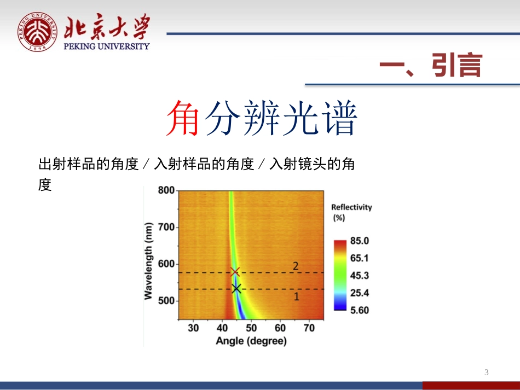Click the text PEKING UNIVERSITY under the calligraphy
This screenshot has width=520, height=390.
tap(107, 46)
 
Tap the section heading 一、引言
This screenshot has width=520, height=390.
tap(431, 66)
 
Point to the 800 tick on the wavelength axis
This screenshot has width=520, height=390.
tap(166, 190)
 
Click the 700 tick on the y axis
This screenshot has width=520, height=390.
tap(166, 227)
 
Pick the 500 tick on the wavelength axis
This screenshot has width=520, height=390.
tap(166, 301)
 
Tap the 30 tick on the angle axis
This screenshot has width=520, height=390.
tap(193, 328)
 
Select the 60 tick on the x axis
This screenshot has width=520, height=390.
tap(280, 328)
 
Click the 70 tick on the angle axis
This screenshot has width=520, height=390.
tap(309, 328)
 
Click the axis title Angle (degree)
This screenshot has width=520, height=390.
tap(251, 341)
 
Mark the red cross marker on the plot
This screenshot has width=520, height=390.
tap(235, 271)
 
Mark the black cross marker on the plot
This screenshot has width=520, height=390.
tap(236, 288)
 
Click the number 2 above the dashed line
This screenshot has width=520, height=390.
tap(296, 266)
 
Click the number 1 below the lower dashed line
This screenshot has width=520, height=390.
tap(297, 297)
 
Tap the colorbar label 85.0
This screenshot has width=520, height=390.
tap(360, 241)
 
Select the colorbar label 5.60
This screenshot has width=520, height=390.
tap(360, 310)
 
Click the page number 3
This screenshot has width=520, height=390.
tap(486, 373)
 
